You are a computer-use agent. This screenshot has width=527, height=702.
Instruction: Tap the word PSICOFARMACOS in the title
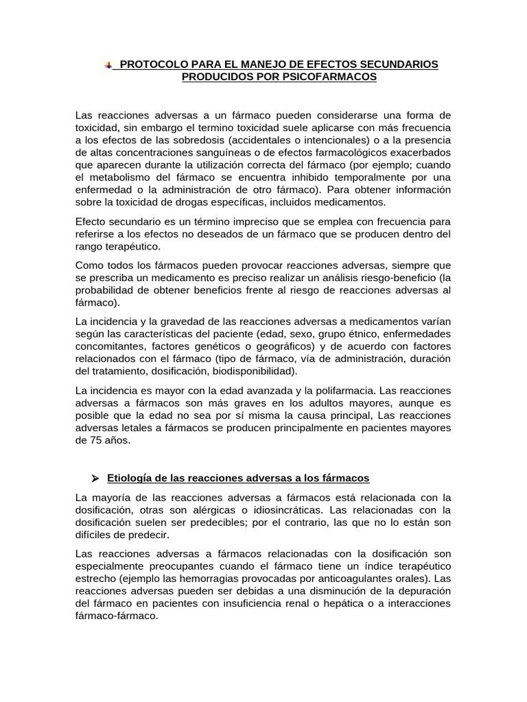pyautogui.click(x=336, y=77)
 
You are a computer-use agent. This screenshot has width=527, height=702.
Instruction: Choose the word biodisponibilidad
pyautogui.click(x=253, y=371)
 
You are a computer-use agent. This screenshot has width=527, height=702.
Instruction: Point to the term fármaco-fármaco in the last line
pyautogui.click(x=117, y=616)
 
